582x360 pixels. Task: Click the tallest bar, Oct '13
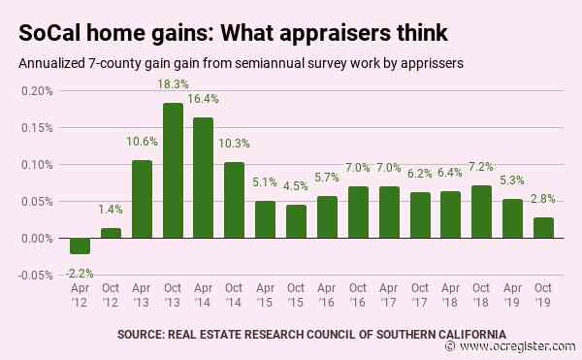pyautogui.click(x=173, y=171)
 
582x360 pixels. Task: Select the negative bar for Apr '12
pyautogui.click(x=80, y=246)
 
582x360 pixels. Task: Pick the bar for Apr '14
pyautogui.click(x=204, y=179)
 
